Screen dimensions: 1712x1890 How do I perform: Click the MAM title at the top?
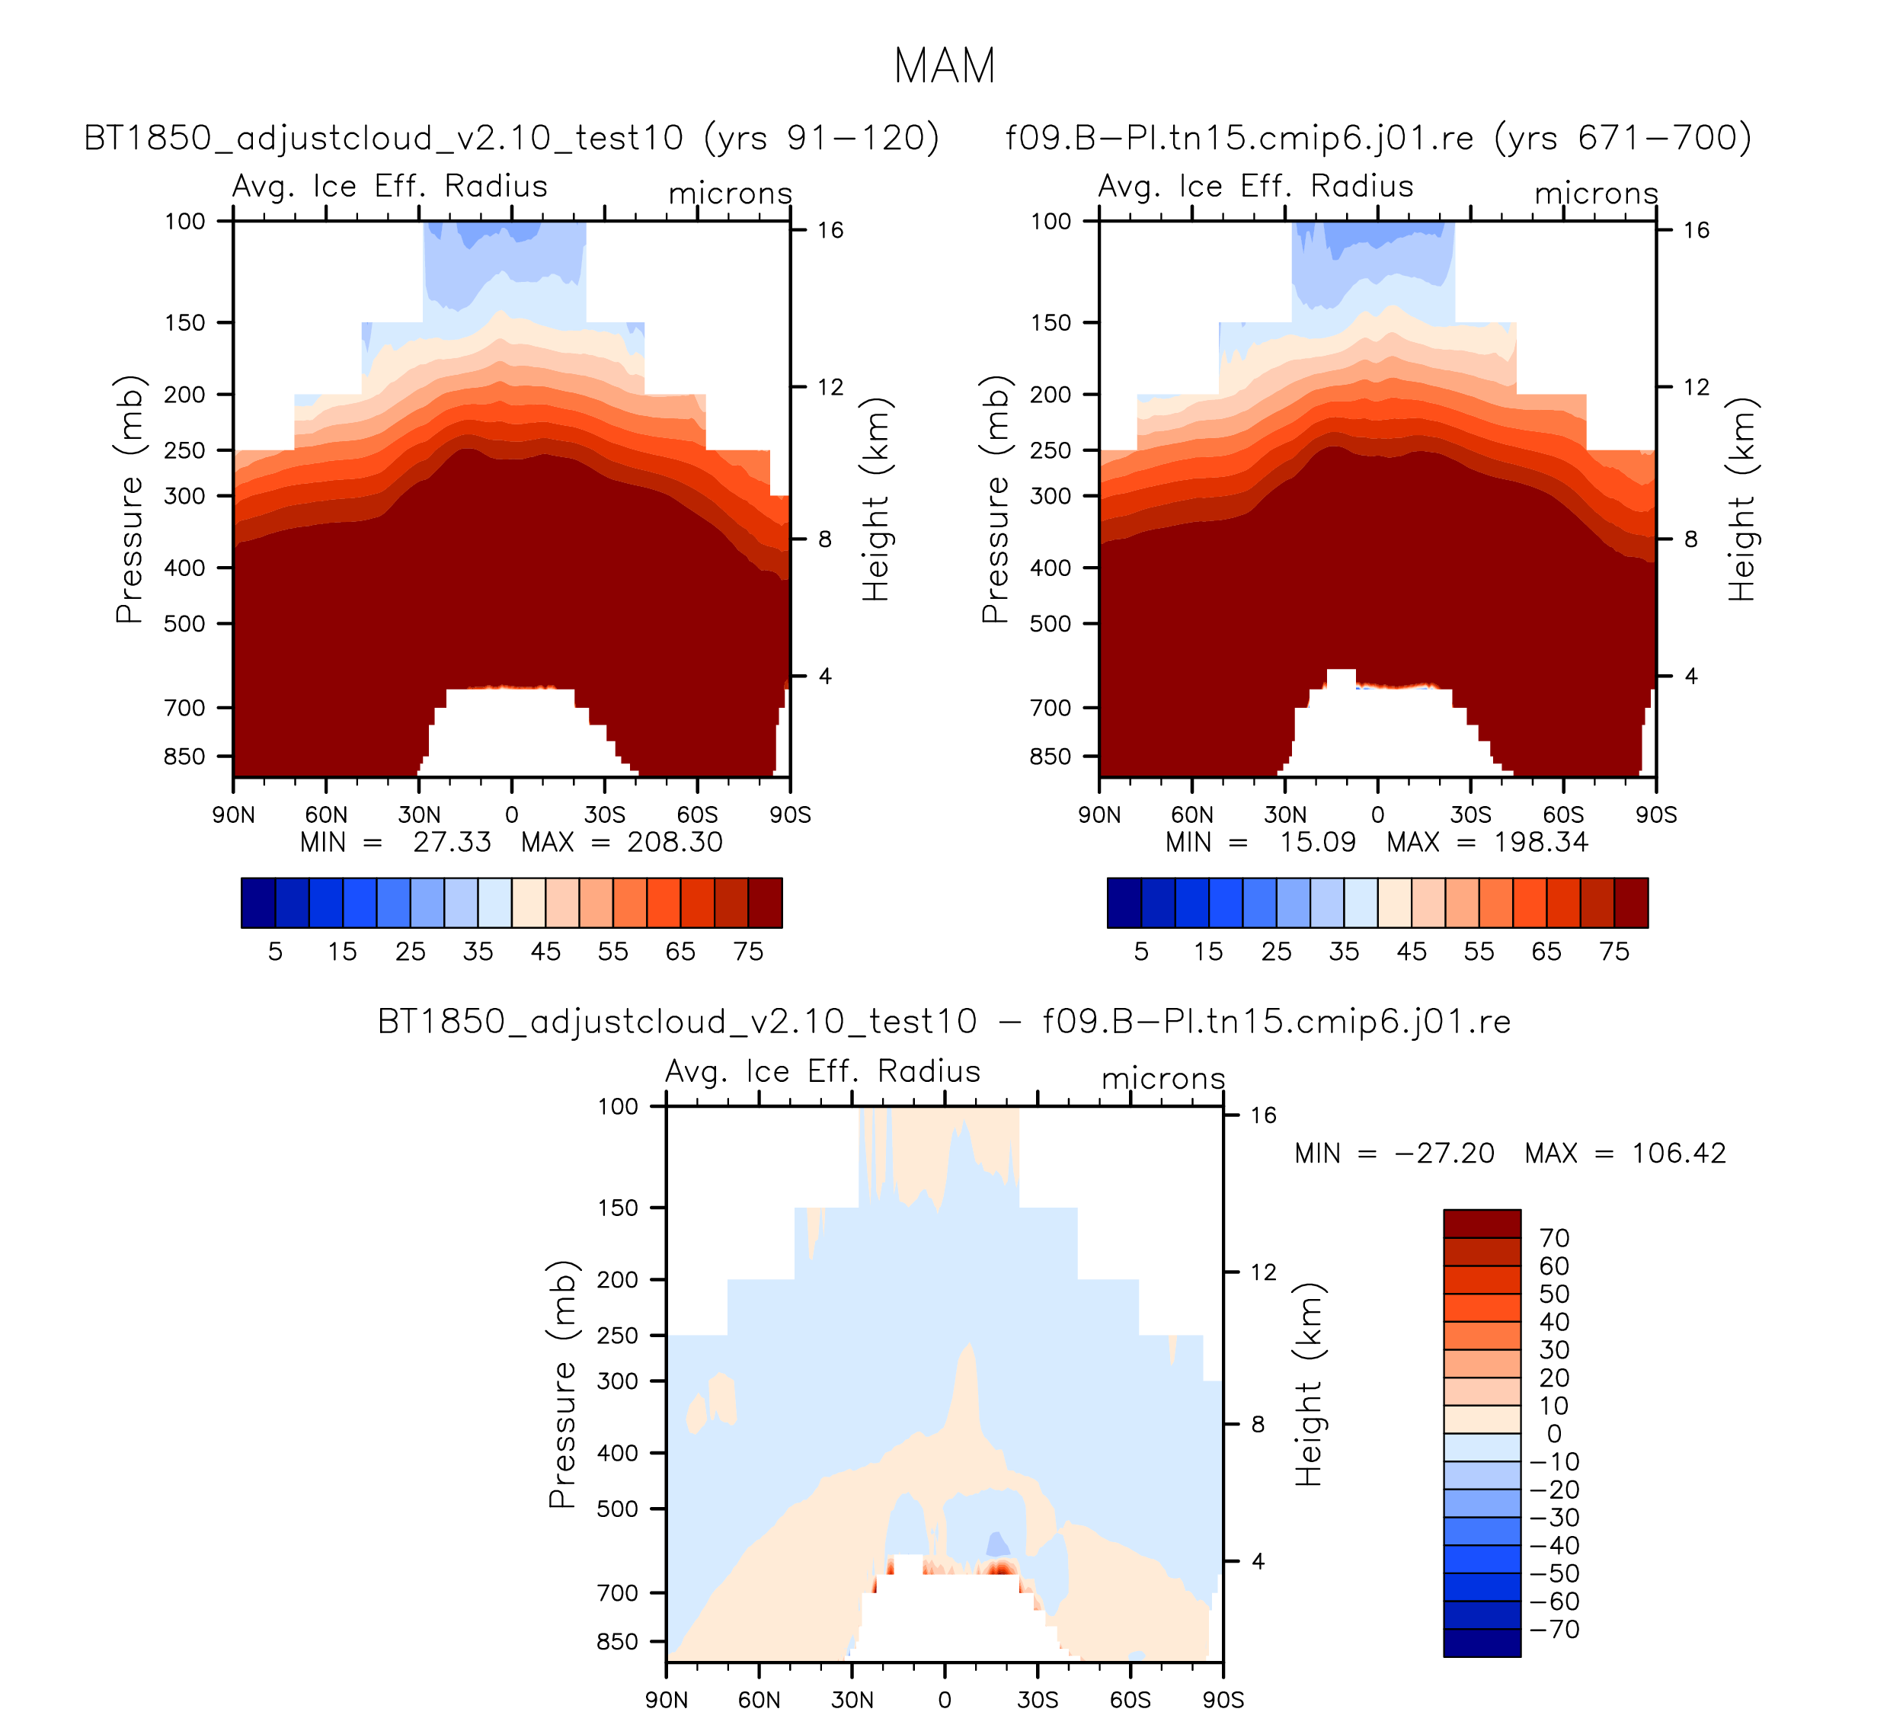tap(944, 66)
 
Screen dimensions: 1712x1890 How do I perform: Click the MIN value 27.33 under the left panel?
tap(452, 842)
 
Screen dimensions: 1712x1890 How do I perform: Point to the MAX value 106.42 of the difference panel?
tap(1678, 1154)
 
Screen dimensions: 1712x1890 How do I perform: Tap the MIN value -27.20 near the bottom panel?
tap(1444, 1154)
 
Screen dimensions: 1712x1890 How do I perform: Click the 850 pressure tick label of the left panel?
tap(184, 757)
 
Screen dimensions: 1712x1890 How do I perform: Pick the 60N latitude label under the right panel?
tap(1191, 814)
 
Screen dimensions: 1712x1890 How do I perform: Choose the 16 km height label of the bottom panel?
tap(1264, 1115)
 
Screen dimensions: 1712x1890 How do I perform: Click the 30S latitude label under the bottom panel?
tap(1038, 1700)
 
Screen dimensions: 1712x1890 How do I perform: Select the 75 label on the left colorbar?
tap(748, 952)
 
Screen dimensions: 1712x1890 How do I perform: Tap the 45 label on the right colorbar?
tap(1411, 952)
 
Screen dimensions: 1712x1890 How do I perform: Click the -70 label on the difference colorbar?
tap(1554, 1630)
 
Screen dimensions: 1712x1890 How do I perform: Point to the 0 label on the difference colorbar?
tap(1554, 1434)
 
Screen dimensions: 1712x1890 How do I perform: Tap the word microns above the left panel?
tap(731, 194)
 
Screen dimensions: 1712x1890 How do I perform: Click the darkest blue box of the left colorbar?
tap(257, 903)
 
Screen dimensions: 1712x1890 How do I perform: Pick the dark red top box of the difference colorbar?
tap(1481, 1224)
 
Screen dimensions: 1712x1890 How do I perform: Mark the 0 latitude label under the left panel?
tap(511, 814)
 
